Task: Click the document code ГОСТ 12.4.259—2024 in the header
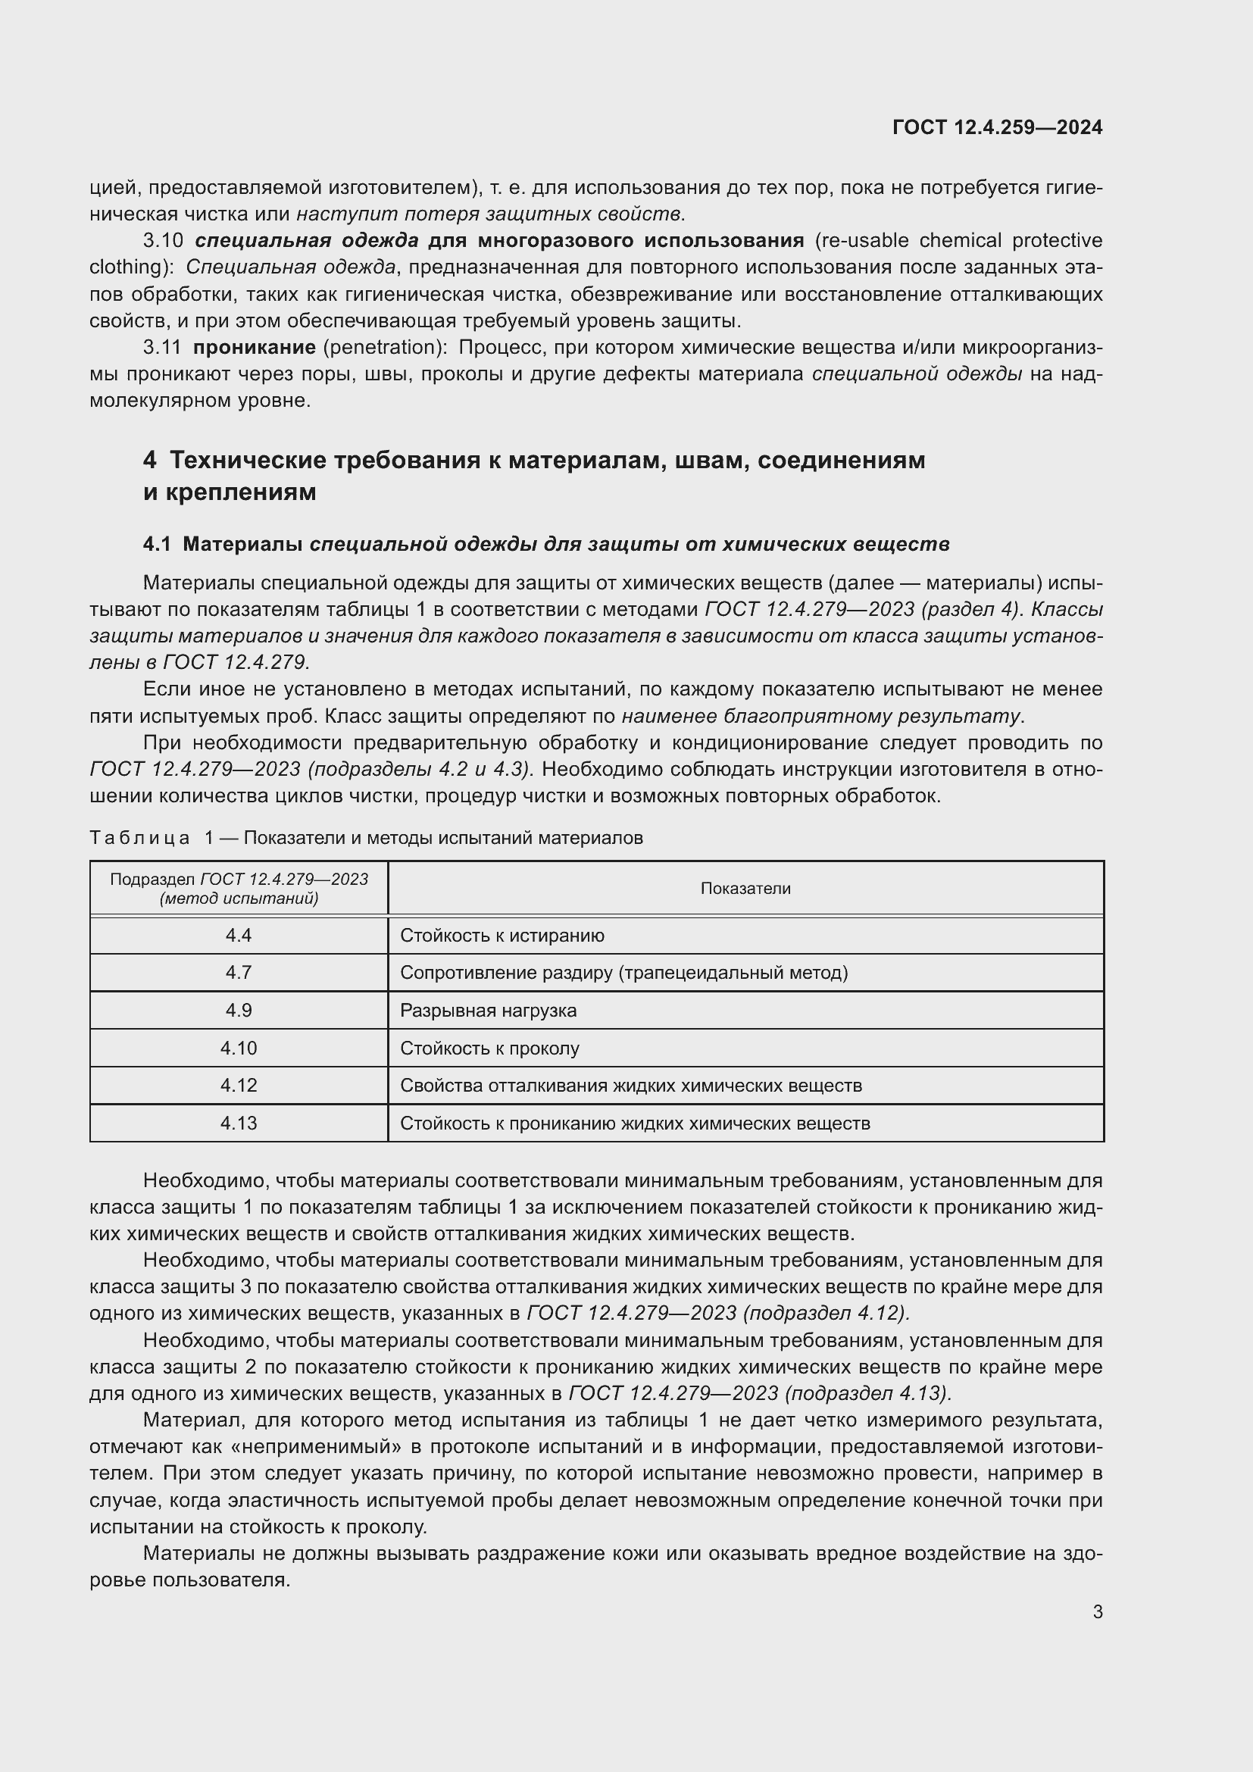tap(997, 127)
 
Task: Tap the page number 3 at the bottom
tap(1097, 1611)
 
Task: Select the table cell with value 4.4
tap(239, 936)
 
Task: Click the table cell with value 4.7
tap(239, 973)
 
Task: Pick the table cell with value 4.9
tap(239, 1011)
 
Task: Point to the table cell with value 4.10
tap(239, 1048)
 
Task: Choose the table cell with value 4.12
tap(239, 1085)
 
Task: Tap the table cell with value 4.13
tap(239, 1123)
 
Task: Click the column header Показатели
tap(745, 889)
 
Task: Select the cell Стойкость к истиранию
tap(502, 936)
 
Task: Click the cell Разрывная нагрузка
tap(488, 1011)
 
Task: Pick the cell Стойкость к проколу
tap(489, 1048)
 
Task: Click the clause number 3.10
tap(163, 241)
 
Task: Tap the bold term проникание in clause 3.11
tap(254, 347)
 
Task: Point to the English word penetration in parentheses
tap(381, 347)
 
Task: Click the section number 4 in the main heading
tap(150, 460)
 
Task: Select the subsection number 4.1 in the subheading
tap(157, 544)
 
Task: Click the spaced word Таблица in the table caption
tap(139, 838)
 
